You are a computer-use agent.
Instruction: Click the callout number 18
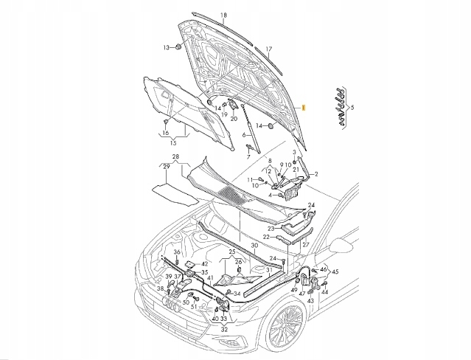(x=223, y=15)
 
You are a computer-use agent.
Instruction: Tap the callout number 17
(x=269, y=49)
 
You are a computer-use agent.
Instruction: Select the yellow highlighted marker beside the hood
(x=304, y=108)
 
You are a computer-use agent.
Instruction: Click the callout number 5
(x=352, y=107)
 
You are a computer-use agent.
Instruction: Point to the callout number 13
(x=167, y=47)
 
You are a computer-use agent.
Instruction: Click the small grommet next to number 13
(x=178, y=47)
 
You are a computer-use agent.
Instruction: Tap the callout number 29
(x=166, y=167)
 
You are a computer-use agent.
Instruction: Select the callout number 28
(x=175, y=156)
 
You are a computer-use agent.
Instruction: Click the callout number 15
(x=173, y=143)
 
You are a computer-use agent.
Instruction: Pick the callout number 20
(x=234, y=119)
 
